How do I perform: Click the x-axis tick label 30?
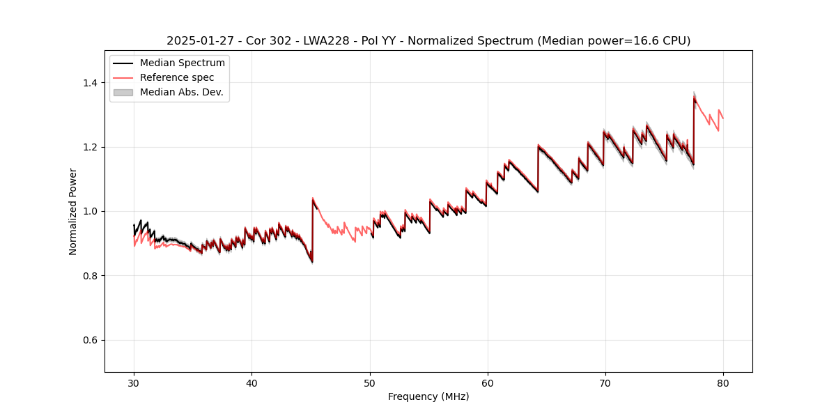(x=134, y=383)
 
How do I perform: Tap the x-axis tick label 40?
(x=251, y=383)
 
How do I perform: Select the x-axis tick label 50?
(x=369, y=383)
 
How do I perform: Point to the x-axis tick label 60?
(x=487, y=383)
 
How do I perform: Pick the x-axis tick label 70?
(x=605, y=383)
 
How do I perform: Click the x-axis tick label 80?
(x=722, y=383)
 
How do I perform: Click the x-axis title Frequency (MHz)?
(x=428, y=396)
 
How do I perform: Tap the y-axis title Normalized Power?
(x=73, y=211)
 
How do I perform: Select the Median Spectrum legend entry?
(x=182, y=63)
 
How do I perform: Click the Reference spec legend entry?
(x=177, y=77)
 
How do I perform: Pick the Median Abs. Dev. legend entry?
(x=181, y=92)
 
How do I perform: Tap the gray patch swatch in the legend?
(x=123, y=92)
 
